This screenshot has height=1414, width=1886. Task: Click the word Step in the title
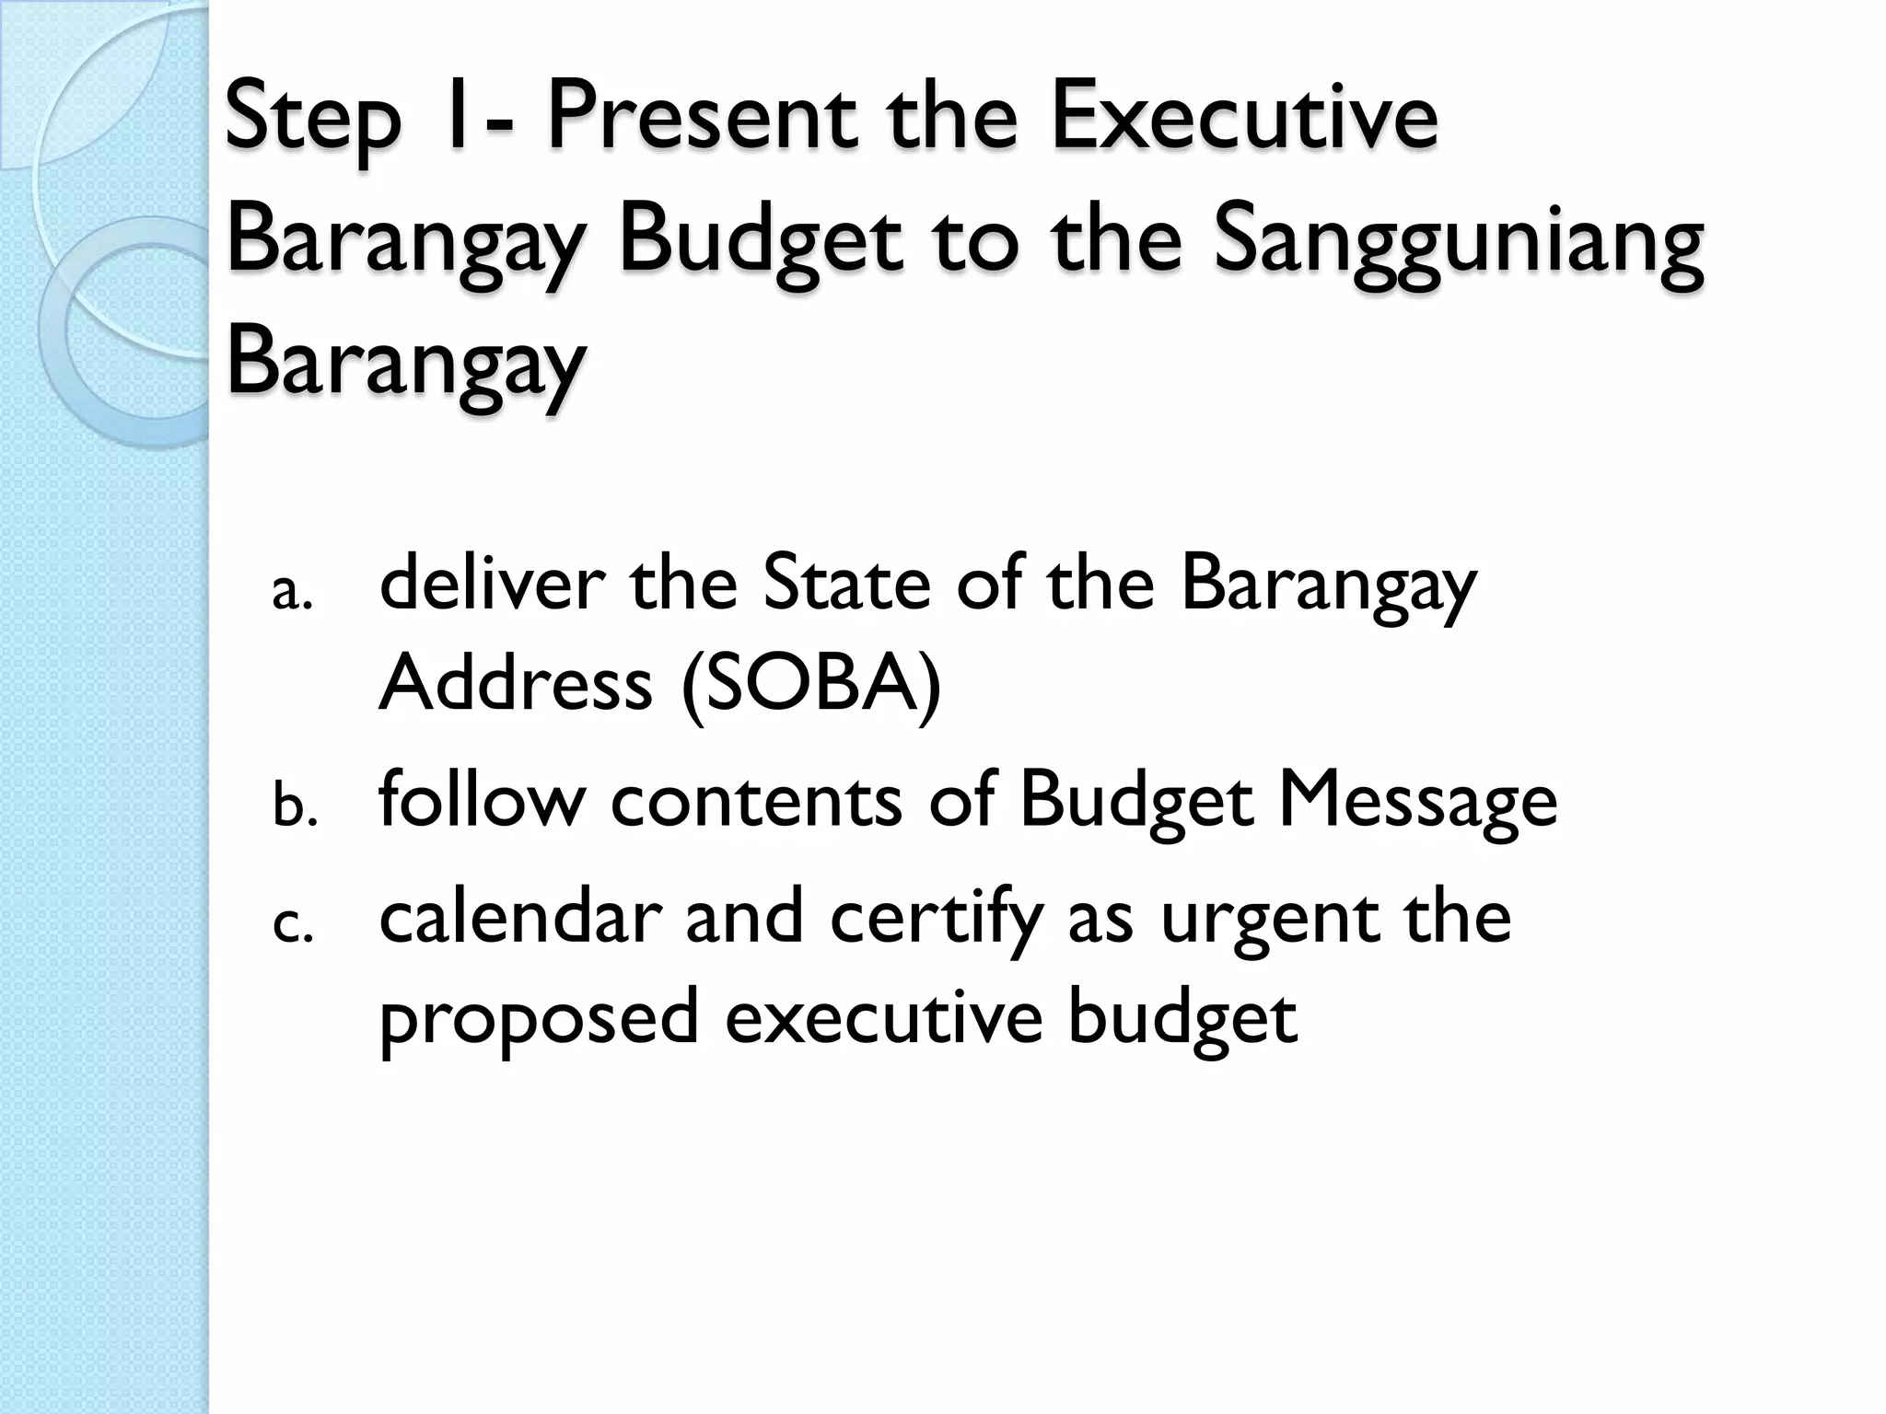click(313, 120)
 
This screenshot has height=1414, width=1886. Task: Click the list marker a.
click(293, 594)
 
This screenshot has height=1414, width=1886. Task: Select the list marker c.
click(293, 926)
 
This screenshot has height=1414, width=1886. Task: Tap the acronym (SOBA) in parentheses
click(811, 686)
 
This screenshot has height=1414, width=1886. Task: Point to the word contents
click(756, 799)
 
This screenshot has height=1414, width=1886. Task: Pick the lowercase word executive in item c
click(883, 1018)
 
